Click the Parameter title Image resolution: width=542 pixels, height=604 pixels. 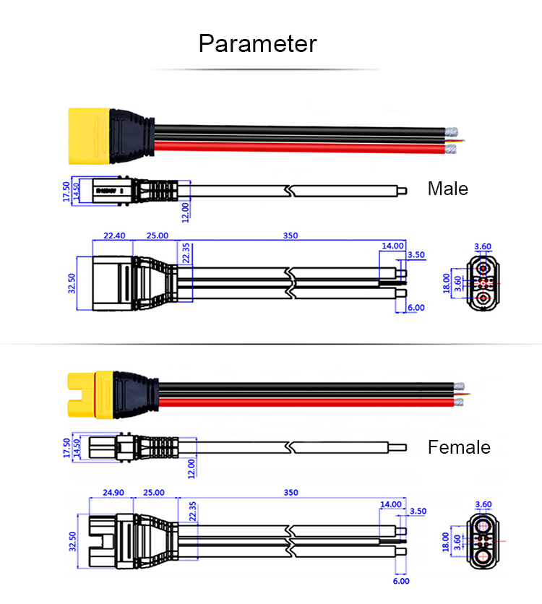258,43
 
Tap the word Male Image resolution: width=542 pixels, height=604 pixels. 448,189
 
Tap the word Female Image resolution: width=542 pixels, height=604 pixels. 459,447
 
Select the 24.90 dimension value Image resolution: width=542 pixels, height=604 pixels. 113,493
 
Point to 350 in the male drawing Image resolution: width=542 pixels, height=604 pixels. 290,236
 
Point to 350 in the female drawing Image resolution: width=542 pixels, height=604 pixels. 290,493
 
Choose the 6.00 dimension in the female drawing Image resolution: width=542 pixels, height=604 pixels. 401,580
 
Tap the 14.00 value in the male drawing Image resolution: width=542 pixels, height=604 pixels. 393,246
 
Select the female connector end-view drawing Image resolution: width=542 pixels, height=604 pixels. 482,541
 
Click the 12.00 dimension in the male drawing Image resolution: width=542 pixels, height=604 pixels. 185,210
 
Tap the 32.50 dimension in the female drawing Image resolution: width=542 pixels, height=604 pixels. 73,540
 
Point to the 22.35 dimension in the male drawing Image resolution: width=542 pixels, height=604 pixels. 186,254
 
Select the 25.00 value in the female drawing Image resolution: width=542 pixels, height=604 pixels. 154,493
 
